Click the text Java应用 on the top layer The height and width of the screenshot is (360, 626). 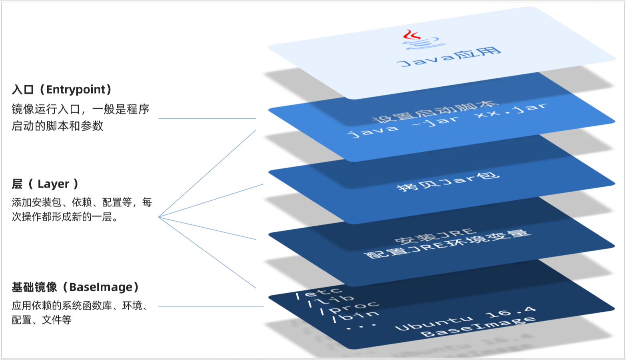449,57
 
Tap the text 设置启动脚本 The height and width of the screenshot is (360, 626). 435,112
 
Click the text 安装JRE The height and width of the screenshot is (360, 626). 435,236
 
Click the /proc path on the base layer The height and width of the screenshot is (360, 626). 349,307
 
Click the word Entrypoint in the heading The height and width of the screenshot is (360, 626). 76,89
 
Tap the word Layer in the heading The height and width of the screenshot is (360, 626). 53,184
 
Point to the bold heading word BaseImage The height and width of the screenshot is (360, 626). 101,287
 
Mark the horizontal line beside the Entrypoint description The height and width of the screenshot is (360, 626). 207,118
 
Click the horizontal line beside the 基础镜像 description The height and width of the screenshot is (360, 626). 211,307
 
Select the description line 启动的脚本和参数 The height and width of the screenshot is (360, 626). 58,126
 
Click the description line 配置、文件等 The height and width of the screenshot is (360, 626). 42,320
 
